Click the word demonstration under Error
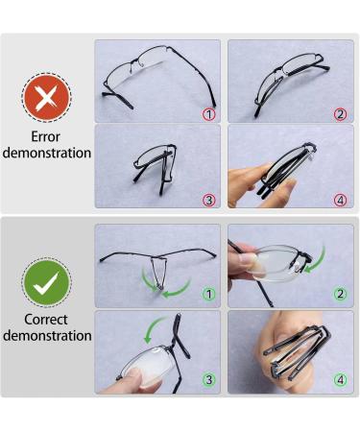pos(47,153)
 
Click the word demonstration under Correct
pos(47,336)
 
